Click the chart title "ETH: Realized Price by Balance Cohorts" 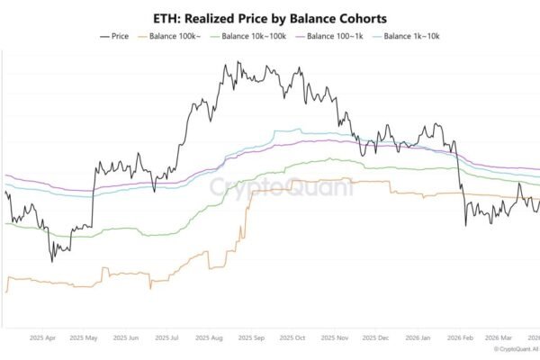(270, 19)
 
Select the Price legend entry (114, 36)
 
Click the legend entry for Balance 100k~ (169, 36)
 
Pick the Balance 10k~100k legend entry (248, 36)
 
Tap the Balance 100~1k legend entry (329, 36)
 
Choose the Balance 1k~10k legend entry (407, 36)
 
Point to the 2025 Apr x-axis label (42, 338)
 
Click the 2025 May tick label (84, 338)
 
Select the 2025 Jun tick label (126, 338)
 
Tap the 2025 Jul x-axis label (166, 338)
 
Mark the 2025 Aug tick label (209, 338)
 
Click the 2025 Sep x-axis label (251, 338)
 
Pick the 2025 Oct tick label (292, 338)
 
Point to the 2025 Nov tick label (335, 338)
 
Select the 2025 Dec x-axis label (375, 338)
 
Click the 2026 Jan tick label (418, 338)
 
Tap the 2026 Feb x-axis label (460, 338)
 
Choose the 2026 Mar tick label (499, 338)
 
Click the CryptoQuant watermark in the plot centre (282, 187)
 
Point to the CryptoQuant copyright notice (517, 349)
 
